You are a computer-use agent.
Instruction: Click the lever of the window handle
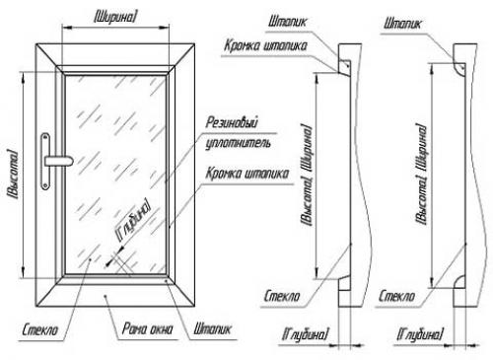click(x=58, y=161)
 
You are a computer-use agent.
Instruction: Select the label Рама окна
click(x=147, y=328)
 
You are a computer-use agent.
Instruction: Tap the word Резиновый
click(x=232, y=122)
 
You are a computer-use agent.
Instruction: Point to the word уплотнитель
click(x=238, y=143)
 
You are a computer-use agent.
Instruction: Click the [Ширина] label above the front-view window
click(x=114, y=17)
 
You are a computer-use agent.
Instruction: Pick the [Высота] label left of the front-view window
click(x=13, y=175)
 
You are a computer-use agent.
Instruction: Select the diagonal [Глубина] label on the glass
click(x=134, y=220)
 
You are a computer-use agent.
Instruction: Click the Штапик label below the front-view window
click(x=213, y=328)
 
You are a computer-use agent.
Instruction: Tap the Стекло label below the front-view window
click(x=39, y=329)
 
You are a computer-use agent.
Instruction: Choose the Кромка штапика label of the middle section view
click(x=265, y=45)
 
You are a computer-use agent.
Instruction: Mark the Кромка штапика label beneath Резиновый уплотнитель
click(x=247, y=174)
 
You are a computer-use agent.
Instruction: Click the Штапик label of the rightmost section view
click(x=402, y=24)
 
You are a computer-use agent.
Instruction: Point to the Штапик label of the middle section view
click(x=288, y=22)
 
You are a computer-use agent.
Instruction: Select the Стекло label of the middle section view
click(x=282, y=296)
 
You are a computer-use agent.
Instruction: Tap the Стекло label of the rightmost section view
click(x=396, y=296)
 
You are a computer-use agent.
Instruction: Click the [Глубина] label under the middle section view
click(x=305, y=334)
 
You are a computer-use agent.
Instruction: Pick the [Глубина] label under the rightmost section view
click(x=420, y=334)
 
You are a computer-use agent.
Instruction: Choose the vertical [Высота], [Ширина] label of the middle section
click(x=307, y=175)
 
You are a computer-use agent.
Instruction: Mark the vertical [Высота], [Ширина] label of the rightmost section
click(x=421, y=175)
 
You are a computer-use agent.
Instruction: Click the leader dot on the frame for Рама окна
click(x=106, y=296)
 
